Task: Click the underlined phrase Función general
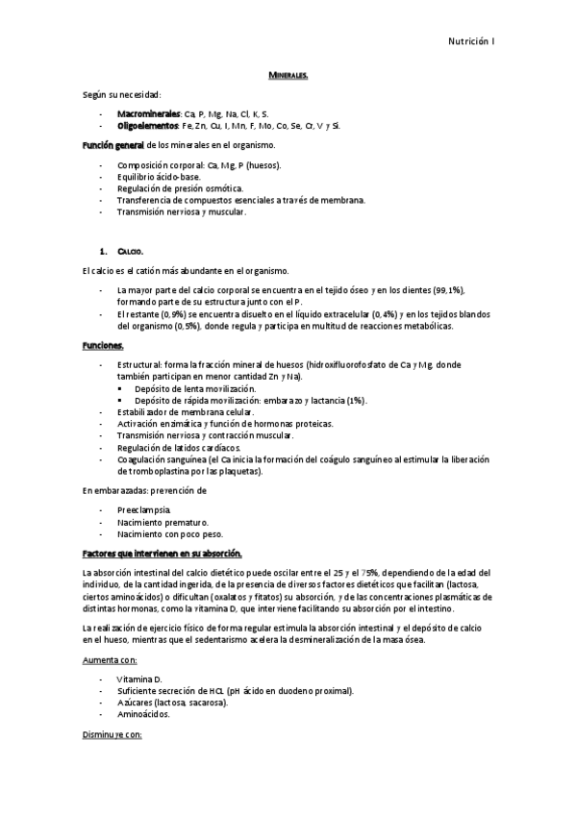click(113, 145)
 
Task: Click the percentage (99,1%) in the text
click(441, 289)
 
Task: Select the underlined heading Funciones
click(103, 344)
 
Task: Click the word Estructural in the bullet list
click(139, 365)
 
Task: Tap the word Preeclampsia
click(143, 508)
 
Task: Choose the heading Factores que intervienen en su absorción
click(162, 554)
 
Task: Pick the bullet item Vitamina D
click(139, 679)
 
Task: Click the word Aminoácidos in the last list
click(143, 714)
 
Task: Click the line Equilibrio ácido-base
click(159, 177)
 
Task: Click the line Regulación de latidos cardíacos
click(179, 448)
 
